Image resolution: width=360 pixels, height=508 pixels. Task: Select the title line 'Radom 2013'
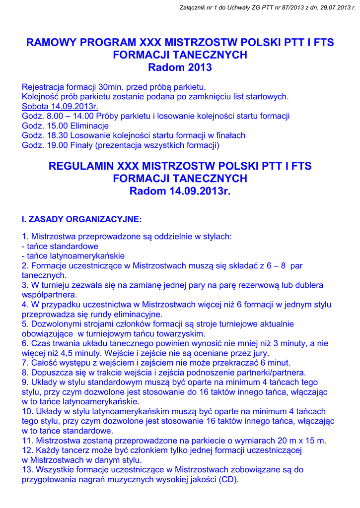(180, 67)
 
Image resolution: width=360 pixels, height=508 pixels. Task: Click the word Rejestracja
(45, 87)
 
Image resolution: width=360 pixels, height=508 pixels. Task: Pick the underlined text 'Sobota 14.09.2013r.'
(60, 106)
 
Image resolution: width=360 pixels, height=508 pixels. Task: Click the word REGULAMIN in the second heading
(81, 166)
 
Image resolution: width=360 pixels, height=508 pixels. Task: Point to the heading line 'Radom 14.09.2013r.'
(180, 191)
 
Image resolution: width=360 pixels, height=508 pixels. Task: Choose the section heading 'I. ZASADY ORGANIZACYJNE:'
(82, 219)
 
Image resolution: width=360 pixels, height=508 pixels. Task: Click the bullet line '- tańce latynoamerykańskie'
(73, 256)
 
